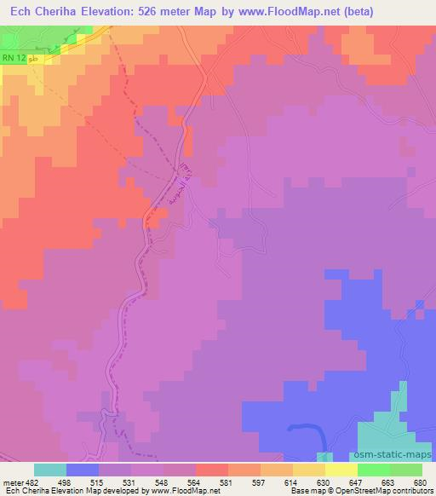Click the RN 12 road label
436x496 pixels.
point(13,57)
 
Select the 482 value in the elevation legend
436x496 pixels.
point(30,482)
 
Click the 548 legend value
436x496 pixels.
point(163,482)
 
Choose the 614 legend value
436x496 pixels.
point(292,482)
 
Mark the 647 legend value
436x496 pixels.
point(357,482)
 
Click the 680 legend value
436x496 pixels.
point(422,482)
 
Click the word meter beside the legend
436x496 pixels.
point(11,482)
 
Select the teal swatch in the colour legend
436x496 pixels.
point(50,470)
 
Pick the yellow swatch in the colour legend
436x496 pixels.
point(341,470)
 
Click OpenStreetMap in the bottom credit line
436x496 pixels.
point(361,491)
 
